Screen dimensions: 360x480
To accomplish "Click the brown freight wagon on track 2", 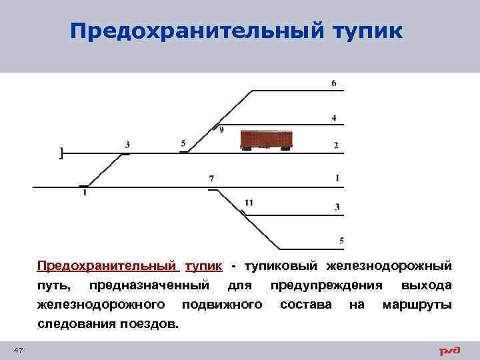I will click(268, 139).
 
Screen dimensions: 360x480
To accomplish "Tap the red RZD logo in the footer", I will click(449, 351).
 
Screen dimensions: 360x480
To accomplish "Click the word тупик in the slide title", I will click(364, 31).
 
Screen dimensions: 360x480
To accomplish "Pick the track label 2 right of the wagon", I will click(336, 145).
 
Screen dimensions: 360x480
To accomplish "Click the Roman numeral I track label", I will click(337, 178).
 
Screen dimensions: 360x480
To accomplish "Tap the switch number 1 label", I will click(85, 193).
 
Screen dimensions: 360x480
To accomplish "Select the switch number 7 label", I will click(211, 179).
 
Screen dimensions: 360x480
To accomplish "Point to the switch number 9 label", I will click(221, 130).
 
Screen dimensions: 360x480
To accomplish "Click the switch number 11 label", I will click(249, 202).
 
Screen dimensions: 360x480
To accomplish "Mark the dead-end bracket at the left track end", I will click(61, 154).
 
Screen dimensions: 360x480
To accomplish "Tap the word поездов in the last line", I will click(151, 324).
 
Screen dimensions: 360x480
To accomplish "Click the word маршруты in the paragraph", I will click(416, 305).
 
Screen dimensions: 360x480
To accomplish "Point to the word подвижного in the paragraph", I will click(222, 305).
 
